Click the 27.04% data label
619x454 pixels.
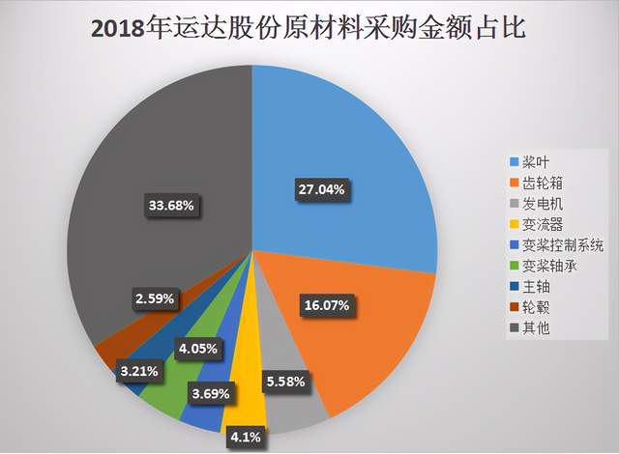click(x=321, y=190)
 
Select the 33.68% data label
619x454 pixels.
click(x=171, y=206)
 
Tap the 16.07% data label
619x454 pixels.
click(x=327, y=305)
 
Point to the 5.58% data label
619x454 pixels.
click(x=286, y=382)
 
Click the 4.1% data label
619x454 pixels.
click(x=246, y=437)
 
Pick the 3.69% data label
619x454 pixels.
click(x=211, y=394)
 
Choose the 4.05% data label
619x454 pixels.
click(x=198, y=349)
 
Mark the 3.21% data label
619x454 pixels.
click(x=139, y=371)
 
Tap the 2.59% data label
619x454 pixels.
click(x=155, y=298)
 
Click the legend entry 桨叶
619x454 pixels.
click(x=529, y=162)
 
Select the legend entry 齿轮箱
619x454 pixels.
click(x=536, y=184)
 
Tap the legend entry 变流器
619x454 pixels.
click(x=536, y=225)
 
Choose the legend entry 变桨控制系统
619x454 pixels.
click(x=557, y=245)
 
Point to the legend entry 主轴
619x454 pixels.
click(x=529, y=287)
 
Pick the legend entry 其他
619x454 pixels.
click(x=529, y=327)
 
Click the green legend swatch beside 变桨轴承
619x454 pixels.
click(x=514, y=267)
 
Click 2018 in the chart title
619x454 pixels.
click(x=117, y=30)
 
